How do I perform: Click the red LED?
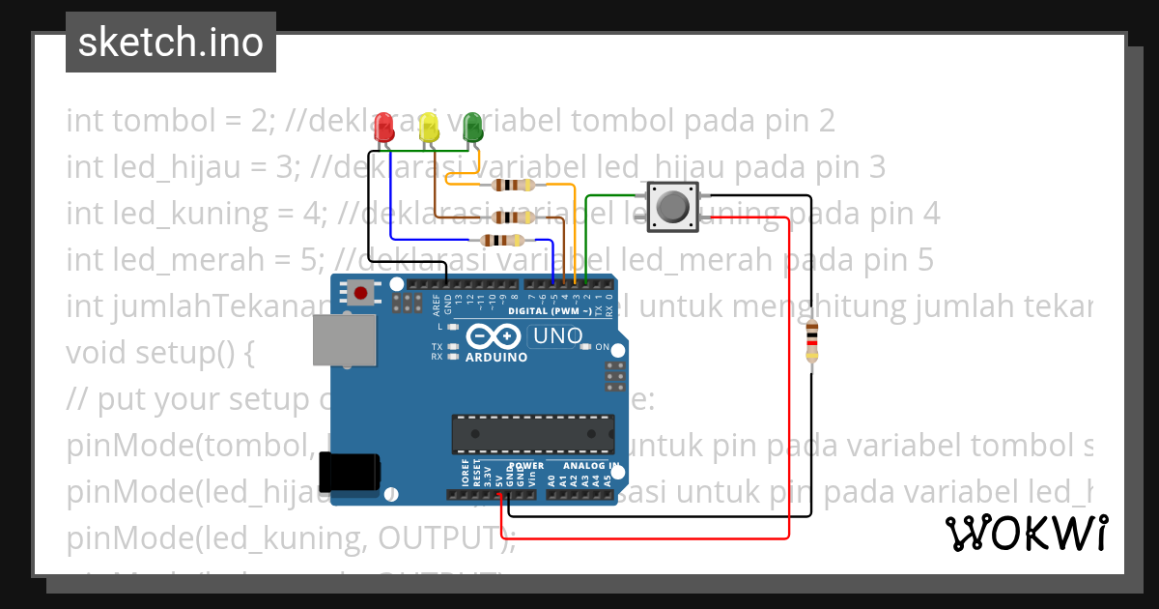(384, 127)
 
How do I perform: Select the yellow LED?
(429, 127)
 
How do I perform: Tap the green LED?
(473, 127)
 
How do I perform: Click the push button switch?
(672, 207)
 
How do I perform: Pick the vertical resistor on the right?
(812, 344)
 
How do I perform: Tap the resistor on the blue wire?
(503, 241)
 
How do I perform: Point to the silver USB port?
(344, 340)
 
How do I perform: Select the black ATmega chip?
(533, 433)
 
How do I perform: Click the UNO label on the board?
(556, 336)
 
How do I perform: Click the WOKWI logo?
(1027, 532)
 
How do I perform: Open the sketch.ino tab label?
(171, 43)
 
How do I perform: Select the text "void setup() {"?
(159, 353)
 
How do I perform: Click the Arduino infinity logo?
(495, 335)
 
